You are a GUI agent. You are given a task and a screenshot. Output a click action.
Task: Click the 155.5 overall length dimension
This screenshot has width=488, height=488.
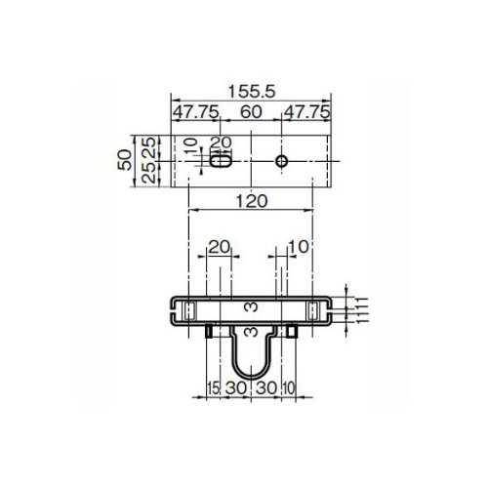point(252,92)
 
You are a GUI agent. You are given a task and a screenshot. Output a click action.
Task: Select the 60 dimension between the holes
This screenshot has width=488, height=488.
point(251,112)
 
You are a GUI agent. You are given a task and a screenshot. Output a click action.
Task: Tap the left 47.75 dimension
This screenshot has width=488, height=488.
point(195,112)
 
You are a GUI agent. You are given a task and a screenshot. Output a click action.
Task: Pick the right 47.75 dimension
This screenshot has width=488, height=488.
point(306,112)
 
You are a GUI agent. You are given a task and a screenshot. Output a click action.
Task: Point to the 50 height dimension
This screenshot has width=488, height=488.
point(125,160)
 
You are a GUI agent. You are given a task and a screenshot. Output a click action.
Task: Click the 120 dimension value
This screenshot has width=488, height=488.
point(252,201)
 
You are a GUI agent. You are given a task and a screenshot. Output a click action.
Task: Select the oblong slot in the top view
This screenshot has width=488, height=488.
point(221,161)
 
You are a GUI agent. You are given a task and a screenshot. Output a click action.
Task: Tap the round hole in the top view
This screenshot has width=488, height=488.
point(281,161)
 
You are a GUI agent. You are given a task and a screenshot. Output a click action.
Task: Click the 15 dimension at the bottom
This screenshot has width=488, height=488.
point(214,388)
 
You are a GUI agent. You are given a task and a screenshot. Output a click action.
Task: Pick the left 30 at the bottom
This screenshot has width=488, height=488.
point(236,388)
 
